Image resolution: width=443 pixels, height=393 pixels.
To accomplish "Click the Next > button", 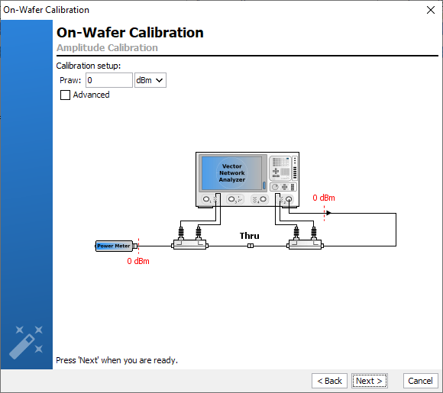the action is click(x=369, y=381).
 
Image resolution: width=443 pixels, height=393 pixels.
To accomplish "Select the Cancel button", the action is click(x=420, y=381).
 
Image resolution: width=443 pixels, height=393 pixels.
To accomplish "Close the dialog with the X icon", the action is click(x=431, y=10).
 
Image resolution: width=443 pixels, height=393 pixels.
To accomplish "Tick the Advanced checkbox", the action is click(x=65, y=95).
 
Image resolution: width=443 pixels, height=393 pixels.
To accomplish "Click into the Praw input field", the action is click(x=109, y=80).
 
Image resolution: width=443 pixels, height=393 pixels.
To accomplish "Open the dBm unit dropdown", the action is click(x=150, y=80).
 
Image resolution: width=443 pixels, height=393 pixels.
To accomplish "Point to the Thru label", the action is click(x=250, y=236).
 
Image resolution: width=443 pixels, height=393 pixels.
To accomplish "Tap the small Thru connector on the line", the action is click(x=251, y=246).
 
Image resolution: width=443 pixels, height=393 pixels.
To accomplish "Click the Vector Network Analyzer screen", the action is click(x=231, y=172).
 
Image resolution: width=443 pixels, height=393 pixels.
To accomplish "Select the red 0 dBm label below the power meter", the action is click(x=138, y=261).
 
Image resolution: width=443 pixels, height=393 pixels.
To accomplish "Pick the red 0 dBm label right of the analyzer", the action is click(x=324, y=198).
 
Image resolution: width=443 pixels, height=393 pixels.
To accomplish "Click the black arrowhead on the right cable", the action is click(x=328, y=213).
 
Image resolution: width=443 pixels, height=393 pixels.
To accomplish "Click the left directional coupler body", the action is click(x=190, y=244).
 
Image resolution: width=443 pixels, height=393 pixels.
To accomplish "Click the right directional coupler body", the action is click(x=305, y=244).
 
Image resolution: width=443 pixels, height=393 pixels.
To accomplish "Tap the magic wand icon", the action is click(x=26, y=343).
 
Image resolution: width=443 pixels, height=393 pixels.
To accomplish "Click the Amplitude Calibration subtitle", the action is click(x=107, y=48).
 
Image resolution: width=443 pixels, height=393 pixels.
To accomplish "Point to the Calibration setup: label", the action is click(x=89, y=66).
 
